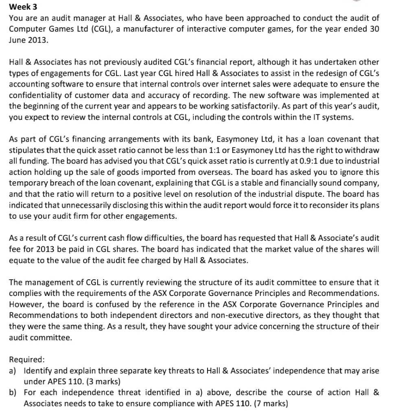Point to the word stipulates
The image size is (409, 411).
click(25, 150)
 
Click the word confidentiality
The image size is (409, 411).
click(36, 95)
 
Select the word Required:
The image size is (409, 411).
click(26, 360)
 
